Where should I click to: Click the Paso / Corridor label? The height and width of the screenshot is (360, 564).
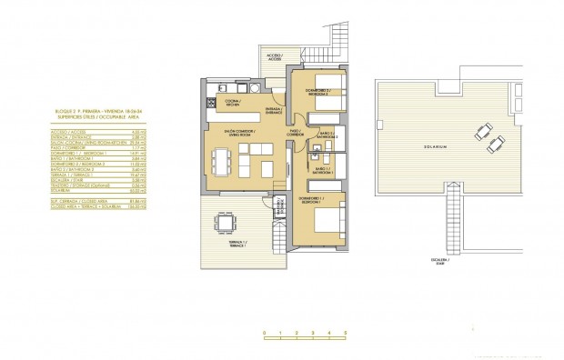point(294,132)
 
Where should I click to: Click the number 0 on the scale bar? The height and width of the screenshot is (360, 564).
point(264,334)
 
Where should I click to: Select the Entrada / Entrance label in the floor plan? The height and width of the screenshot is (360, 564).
point(272,109)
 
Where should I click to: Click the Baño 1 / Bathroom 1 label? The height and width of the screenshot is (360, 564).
point(324,169)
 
